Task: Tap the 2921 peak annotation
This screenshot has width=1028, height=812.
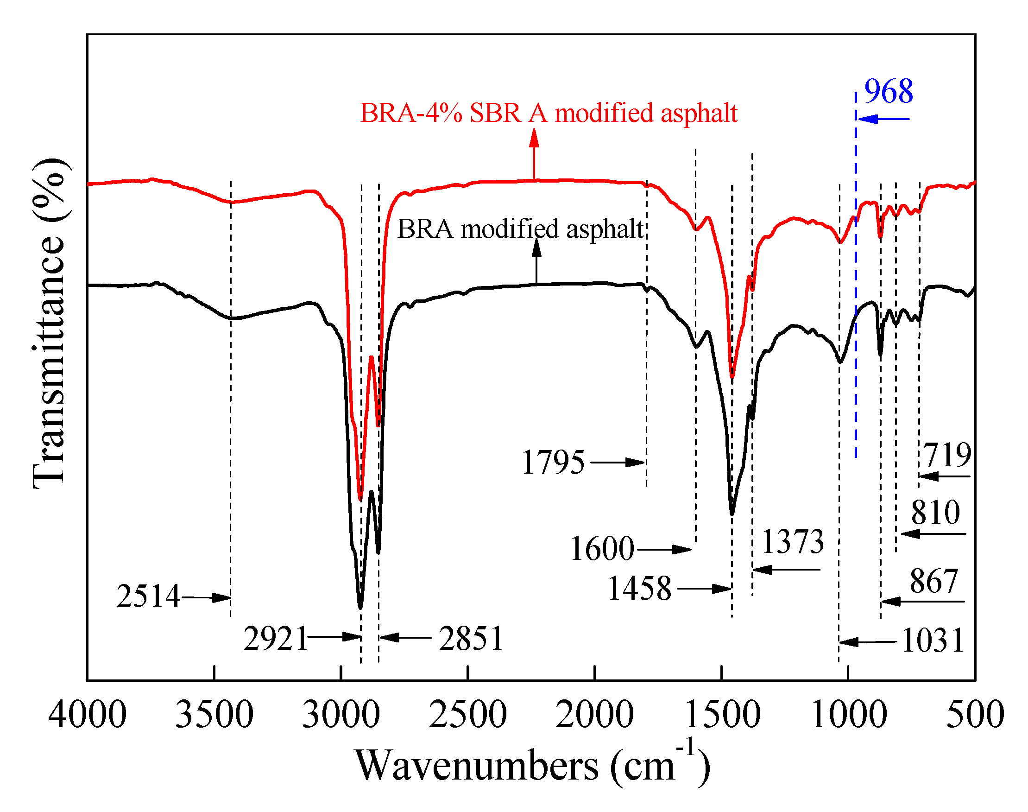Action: point(276,639)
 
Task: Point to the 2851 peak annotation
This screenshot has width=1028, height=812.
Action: point(471,639)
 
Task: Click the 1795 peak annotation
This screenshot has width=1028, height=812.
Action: point(553,462)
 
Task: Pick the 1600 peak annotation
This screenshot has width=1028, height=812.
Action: point(602,549)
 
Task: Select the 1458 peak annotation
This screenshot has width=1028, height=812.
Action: point(639,589)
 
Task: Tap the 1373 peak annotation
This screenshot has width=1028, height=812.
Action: point(792,541)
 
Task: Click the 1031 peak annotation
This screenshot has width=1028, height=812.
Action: point(932,641)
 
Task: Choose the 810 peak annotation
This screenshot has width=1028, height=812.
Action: point(935,513)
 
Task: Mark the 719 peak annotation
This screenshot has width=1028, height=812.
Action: point(947,455)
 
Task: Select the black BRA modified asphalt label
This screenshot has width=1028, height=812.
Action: point(520,229)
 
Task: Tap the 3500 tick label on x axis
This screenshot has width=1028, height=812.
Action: point(214,715)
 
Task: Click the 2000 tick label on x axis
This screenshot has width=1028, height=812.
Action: point(594,715)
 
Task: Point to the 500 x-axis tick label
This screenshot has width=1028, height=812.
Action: point(975,715)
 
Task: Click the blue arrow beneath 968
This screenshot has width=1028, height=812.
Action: point(883,119)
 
